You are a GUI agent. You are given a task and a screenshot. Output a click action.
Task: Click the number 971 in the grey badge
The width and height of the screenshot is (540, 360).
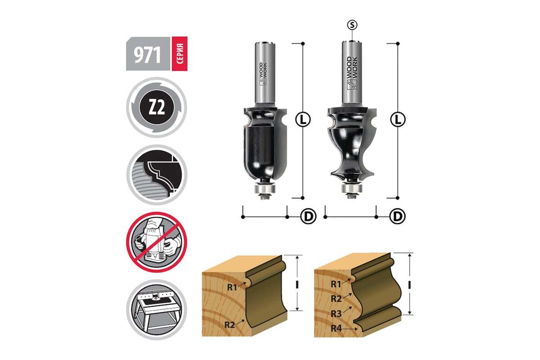[148, 55]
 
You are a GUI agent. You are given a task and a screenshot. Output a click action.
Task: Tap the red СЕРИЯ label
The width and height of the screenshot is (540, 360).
[180, 54]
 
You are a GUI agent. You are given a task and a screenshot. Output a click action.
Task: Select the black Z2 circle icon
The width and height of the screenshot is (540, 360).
[157, 107]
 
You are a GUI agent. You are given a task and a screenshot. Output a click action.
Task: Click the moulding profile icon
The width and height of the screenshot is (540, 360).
[157, 175]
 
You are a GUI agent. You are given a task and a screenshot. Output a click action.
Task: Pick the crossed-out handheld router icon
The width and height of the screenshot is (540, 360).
[157, 242]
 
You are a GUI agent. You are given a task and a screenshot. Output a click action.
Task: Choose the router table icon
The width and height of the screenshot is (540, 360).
[157, 310]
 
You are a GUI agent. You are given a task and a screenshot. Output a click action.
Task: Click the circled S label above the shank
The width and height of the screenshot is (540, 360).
[352, 25]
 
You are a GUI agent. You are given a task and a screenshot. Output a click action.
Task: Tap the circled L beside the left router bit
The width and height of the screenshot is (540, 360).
[303, 120]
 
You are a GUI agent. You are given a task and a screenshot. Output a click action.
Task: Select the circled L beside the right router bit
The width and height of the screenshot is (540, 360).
[398, 120]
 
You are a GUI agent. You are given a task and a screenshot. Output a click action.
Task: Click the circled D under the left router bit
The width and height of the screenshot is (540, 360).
[308, 217]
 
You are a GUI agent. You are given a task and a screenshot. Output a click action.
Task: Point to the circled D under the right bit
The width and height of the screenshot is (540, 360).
[397, 217]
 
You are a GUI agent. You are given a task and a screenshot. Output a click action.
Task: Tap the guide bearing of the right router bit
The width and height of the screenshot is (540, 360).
[352, 189]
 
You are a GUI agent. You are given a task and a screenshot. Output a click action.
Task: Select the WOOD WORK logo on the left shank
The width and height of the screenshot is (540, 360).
[263, 74]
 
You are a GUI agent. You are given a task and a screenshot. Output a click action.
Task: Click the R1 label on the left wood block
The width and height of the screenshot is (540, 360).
[232, 287]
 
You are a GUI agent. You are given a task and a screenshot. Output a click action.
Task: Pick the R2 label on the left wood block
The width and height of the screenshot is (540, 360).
[229, 324]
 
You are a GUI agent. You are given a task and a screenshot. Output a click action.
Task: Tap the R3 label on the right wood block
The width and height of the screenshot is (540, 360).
[336, 314]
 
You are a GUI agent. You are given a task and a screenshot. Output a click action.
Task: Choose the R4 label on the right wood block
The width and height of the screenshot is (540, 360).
[336, 328]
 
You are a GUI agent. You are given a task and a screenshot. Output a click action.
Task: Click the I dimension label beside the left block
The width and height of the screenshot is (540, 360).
[297, 285]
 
